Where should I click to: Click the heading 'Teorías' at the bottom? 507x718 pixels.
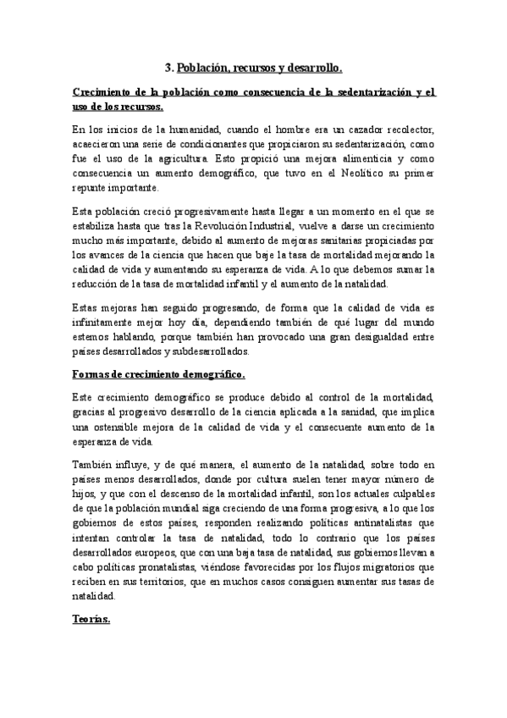click(x=90, y=621)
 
